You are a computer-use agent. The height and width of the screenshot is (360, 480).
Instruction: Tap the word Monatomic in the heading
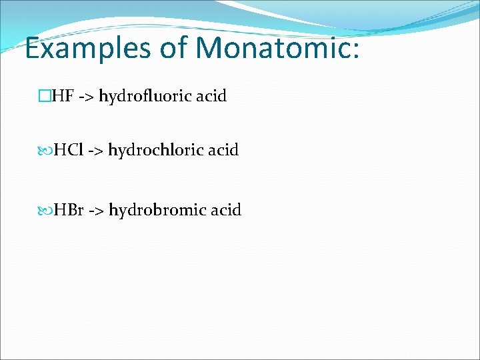pyautogui.click(x=273, y=48)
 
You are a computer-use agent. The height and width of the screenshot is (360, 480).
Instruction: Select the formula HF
pyautogui.click(x=63, y=97)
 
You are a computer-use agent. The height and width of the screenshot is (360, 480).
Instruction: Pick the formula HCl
pyautogui.click(x=69, y=151)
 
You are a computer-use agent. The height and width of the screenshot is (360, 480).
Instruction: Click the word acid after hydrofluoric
pyautogui.click(x=211, y=97)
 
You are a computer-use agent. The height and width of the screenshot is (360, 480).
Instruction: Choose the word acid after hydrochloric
pyautogui.click(x=223, y=151)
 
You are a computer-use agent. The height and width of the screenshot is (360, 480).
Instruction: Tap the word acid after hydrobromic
pyautogui.click(x=226, y=211)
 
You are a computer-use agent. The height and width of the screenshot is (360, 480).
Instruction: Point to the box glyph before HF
pyautogui.click(x=45, y=97)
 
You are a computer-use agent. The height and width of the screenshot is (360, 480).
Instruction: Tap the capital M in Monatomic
pyautogui.click(x=211, y=48)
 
